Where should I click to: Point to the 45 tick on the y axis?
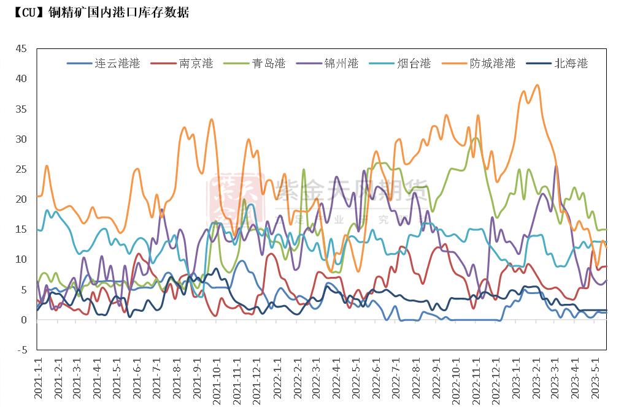(21, 48)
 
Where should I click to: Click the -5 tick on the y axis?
(22, 350)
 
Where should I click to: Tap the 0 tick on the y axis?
(25, 320)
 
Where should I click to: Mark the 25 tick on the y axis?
(21, 169)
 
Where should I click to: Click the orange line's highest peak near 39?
(537, 85)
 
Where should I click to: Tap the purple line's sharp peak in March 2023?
(556, 166)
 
